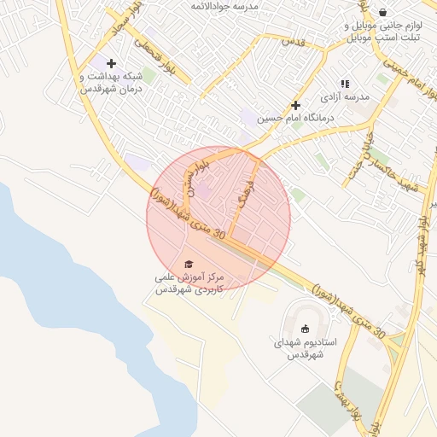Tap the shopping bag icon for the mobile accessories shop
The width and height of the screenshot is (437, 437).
(x=382, y=12)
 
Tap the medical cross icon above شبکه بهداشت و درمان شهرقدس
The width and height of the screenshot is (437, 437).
(x=111, y=63)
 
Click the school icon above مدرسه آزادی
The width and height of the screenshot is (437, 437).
(x=345, y=84)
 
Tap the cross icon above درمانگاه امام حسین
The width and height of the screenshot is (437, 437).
(x=295, y=105)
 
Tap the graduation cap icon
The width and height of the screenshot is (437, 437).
(x=189, y=265)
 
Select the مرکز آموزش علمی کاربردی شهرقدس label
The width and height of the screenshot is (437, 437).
(x=189, y=284)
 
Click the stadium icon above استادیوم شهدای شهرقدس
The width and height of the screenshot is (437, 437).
(x=306, y=329)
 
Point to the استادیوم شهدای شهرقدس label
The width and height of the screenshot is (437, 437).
(x=305, y=347)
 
